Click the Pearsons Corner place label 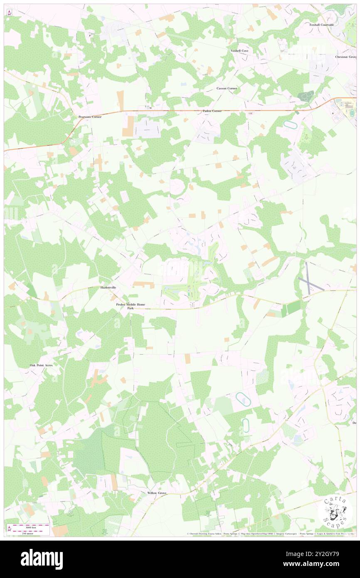point(90,117)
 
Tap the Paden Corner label point(212,111)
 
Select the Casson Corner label point(227,89)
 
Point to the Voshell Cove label point(239,51)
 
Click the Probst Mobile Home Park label point(131,306)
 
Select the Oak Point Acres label point(41,365)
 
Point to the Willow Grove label point(157,493)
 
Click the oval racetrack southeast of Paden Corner point(288,124)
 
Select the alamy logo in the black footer point(42,559)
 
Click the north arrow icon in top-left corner point(9,12)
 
